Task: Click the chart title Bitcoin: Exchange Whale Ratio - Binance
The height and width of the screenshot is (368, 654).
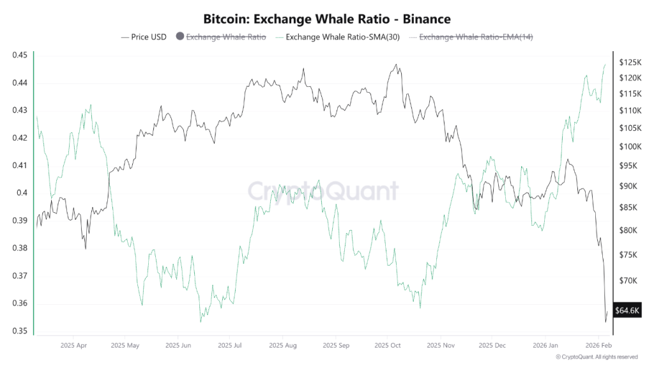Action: click(327, 19)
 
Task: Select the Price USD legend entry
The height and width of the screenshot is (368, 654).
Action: click(144, 37)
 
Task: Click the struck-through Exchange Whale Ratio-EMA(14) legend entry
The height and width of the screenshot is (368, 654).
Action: click(475, 37)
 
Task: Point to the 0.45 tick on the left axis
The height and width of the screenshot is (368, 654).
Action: click(19, 55)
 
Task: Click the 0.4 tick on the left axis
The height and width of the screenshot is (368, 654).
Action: click(22, 193)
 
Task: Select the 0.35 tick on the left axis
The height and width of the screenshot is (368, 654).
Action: click(19, 331)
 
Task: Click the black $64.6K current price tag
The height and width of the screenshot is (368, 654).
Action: click(627, 310)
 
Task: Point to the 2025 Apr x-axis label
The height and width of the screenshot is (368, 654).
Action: click(73, 346)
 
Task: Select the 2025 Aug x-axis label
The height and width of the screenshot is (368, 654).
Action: click(283, 346)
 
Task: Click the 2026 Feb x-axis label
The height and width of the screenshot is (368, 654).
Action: click(597, 346)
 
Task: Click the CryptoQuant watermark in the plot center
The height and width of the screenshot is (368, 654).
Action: click(323, 191)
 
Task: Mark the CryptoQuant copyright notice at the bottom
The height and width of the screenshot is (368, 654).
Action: click(597, 357)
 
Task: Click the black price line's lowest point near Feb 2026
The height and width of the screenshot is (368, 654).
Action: click(605, 322)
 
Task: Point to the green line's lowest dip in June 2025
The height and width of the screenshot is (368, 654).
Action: click(201, 321)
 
